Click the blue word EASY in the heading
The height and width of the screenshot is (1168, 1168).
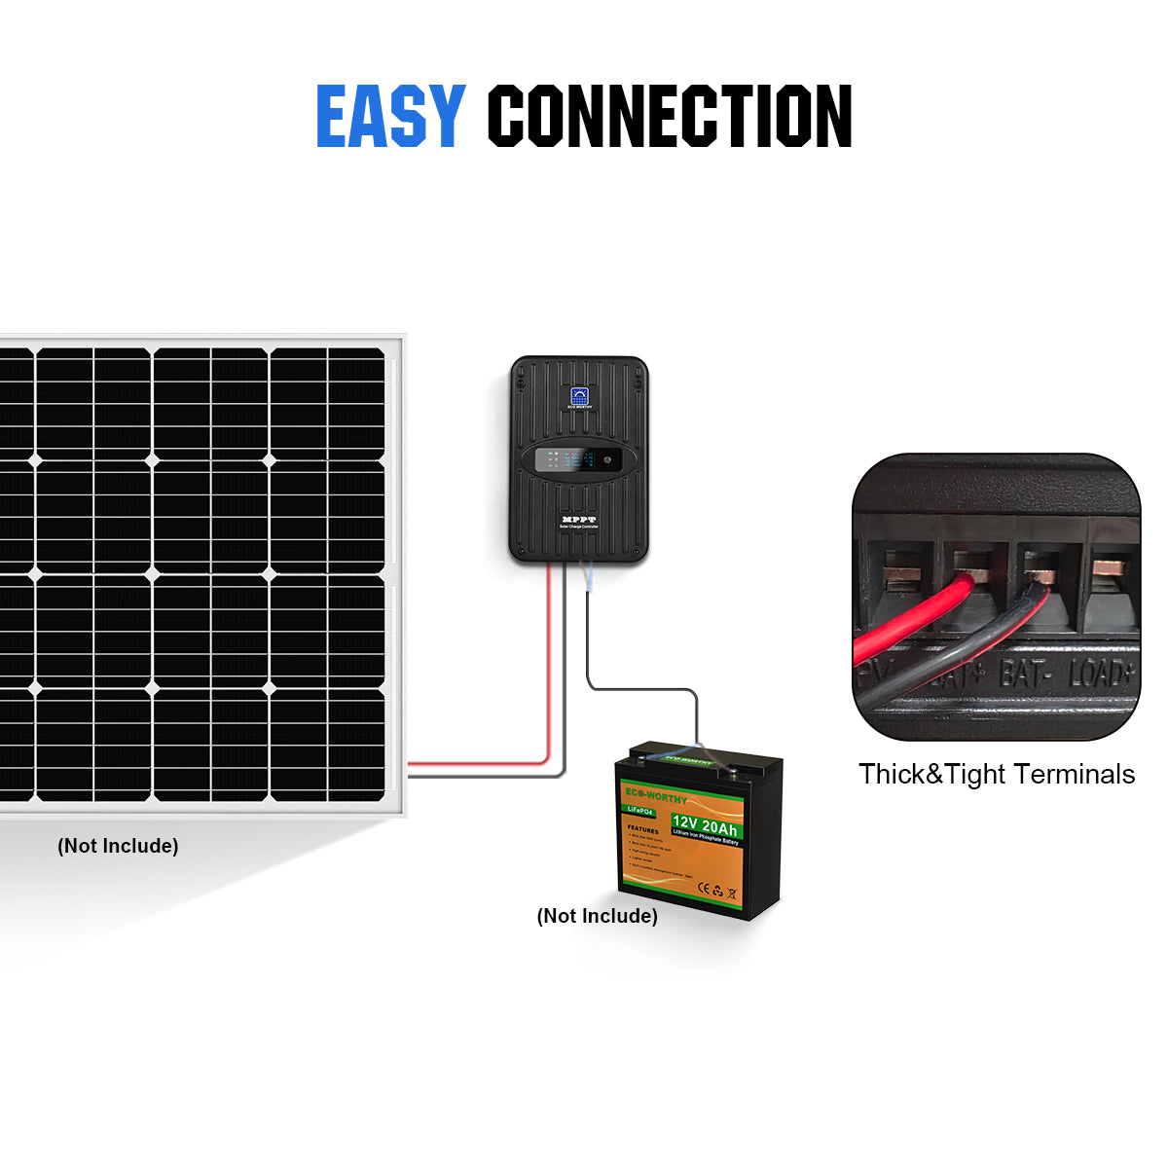[389, 117]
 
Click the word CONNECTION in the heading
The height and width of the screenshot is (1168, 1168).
[670, 117]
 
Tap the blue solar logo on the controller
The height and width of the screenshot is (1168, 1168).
[579, 397]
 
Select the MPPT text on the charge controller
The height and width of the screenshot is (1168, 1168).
[579, 520]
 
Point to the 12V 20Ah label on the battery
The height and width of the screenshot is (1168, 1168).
[705, 826]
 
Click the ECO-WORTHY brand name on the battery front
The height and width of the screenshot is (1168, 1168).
[656, 796]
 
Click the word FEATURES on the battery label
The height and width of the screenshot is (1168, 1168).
[642, 829]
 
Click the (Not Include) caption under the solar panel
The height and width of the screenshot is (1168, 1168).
[118, 846]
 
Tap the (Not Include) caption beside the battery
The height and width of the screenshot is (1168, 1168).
[598, 916]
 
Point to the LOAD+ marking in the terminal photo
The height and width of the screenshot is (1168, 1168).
[1102, 674]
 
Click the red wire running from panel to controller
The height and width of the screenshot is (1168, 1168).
[549, 681]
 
